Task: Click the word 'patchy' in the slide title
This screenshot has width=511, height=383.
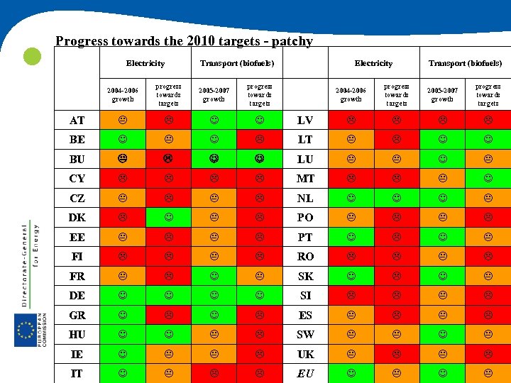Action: coord(288,41)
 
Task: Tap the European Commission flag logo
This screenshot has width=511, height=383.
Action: coord(27,330)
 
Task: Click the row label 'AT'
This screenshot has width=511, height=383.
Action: coord(77,120)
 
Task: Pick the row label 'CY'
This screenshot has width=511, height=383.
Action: coord(77,179)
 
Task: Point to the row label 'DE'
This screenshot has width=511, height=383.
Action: coord(77,296)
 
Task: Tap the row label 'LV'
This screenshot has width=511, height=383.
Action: coord(304,120)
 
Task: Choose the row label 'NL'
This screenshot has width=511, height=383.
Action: coord(304,198)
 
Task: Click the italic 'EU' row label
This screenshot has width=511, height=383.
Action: coord(304,373)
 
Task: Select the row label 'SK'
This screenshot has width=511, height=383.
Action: coord(304,276)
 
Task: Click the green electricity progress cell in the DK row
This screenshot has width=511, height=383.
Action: coord(168,218)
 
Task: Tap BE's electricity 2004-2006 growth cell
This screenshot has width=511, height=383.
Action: coord(123,140)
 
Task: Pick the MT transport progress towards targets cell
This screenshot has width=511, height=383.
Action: coord(488,179)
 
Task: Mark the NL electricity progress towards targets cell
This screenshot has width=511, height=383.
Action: coord(396,198)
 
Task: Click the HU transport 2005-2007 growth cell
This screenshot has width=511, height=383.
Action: coord(214,334)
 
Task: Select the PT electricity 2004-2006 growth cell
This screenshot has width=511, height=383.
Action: coord(351,237)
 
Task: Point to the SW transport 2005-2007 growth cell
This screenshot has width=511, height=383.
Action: coord(442,334)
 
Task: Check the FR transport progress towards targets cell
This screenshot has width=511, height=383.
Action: coord(259,276)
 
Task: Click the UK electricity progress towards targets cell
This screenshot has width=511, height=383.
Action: coord(396,354)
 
